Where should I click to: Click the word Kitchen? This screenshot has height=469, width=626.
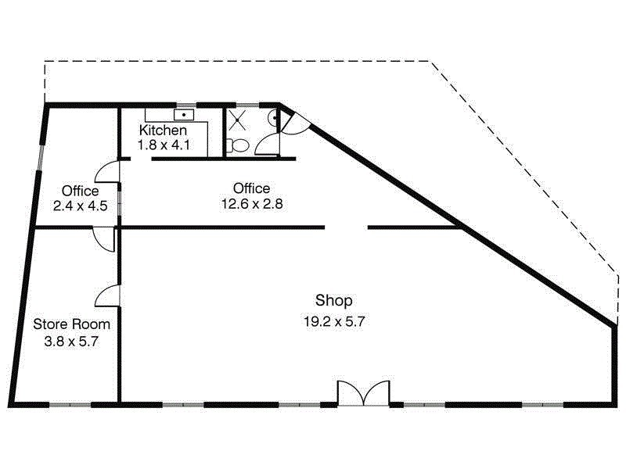163,131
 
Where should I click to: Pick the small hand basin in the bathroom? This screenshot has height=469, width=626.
271,118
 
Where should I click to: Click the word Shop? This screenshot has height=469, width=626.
334,300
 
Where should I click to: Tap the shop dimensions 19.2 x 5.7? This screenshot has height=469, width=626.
334,320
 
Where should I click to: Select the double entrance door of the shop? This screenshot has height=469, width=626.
363,392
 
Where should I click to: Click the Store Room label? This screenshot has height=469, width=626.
71,324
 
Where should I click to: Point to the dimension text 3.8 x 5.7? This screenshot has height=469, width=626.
71,341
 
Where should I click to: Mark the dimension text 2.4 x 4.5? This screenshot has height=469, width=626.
80,206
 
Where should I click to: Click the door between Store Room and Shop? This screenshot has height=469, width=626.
108,295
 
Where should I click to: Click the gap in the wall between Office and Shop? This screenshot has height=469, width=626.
346,227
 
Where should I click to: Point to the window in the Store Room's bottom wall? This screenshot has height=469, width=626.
70,404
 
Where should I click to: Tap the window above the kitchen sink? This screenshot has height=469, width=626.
186,104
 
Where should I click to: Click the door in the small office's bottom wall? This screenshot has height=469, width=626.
103,238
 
